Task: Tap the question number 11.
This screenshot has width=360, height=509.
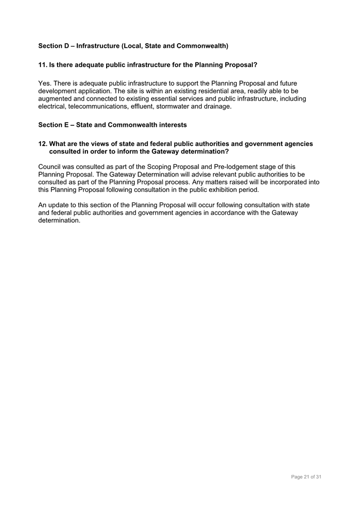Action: tap(42, 65)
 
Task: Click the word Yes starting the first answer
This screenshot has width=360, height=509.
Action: tap(45, 84)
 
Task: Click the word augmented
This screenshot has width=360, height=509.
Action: tap(57, 99)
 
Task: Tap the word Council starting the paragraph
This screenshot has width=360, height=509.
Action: tap(50, 167)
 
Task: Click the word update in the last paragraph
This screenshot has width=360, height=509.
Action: tap(61, 205)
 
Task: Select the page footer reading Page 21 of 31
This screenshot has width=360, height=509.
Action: tap(306, 476)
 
